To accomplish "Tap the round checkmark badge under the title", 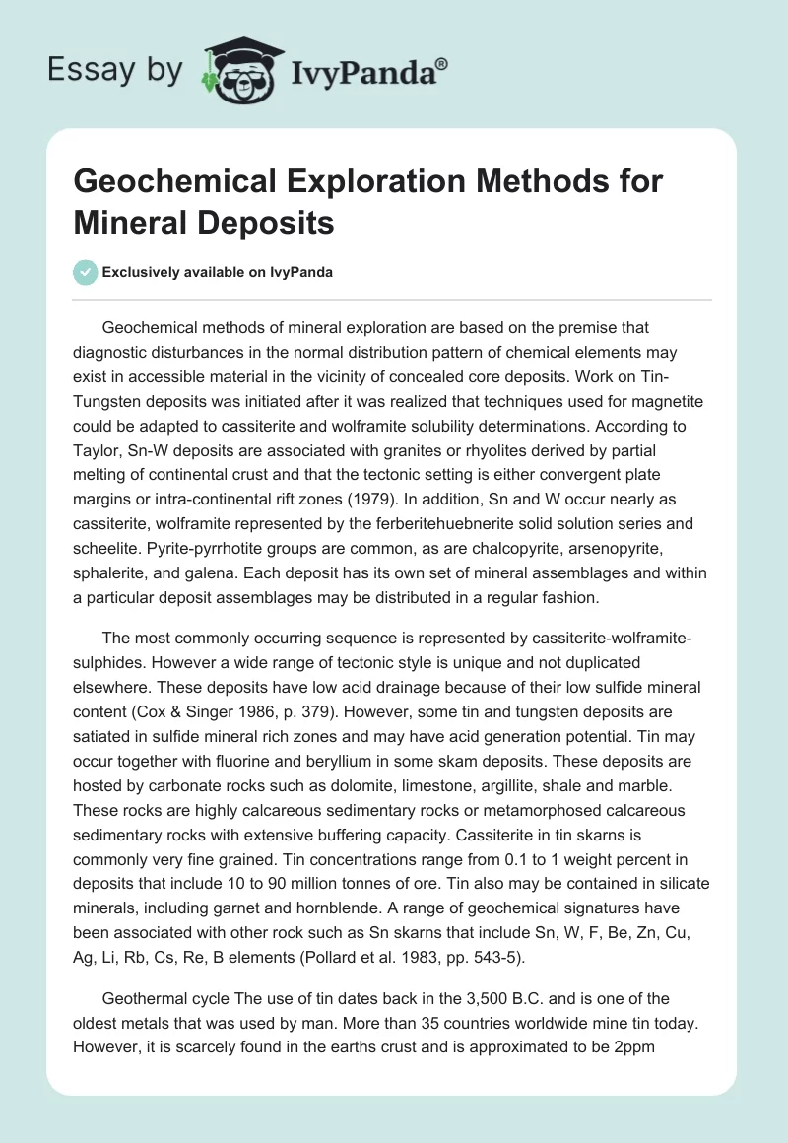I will tap(86, 272).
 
